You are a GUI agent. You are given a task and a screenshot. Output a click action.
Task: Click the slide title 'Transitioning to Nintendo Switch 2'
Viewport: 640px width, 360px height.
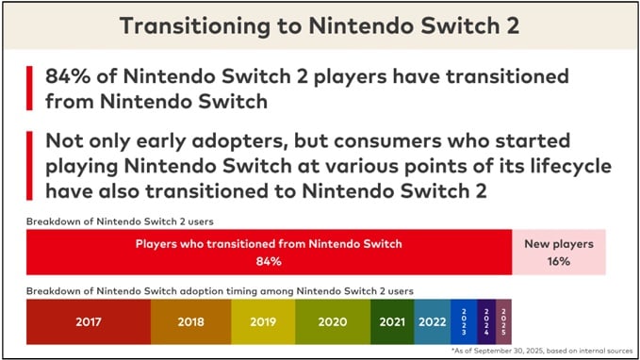tap(320, 25)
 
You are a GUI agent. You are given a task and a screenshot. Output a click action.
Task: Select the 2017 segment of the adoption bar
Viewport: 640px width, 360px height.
tap(88, 320)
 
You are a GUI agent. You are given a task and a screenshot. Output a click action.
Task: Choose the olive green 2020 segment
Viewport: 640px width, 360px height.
tap(331, 320)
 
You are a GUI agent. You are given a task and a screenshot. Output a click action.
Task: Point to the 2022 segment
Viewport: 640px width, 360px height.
tap(432, 320)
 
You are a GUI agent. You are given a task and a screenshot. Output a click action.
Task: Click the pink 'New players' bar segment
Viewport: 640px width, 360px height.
tap(559, 253)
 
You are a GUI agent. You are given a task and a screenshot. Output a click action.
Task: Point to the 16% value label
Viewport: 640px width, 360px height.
tap(559, 261)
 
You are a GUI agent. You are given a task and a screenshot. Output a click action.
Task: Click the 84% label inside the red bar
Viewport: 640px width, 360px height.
tap(269, 261)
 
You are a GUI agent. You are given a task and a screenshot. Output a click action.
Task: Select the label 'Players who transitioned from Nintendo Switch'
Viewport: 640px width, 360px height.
tap(269, 244)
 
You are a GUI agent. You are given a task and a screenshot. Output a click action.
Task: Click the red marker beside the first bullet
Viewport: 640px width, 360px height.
tap(30, 88)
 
